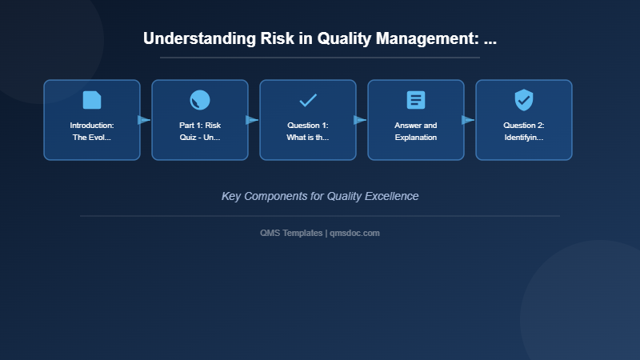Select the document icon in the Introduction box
(x=92, y=100)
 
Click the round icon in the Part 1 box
(x=200, y=100)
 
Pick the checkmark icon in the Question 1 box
(x=308, y=100)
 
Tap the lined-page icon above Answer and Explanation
(x=416, y=100)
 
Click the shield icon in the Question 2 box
(x=524, y=100)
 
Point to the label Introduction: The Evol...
(x=92, y=131)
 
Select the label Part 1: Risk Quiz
(x=200, y=131)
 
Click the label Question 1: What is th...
(x=308, y=131)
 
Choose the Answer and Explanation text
(x=416, y=131)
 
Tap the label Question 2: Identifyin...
(x=524, y=131)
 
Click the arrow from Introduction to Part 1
(x=144, y=120)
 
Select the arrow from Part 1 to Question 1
(x=252, y=120)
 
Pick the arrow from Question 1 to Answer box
(x=360, y=120)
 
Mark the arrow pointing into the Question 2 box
(x=468, y=120)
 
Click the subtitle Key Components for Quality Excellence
(x=320, y=196)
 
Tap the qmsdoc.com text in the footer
(x=354, y=233)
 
